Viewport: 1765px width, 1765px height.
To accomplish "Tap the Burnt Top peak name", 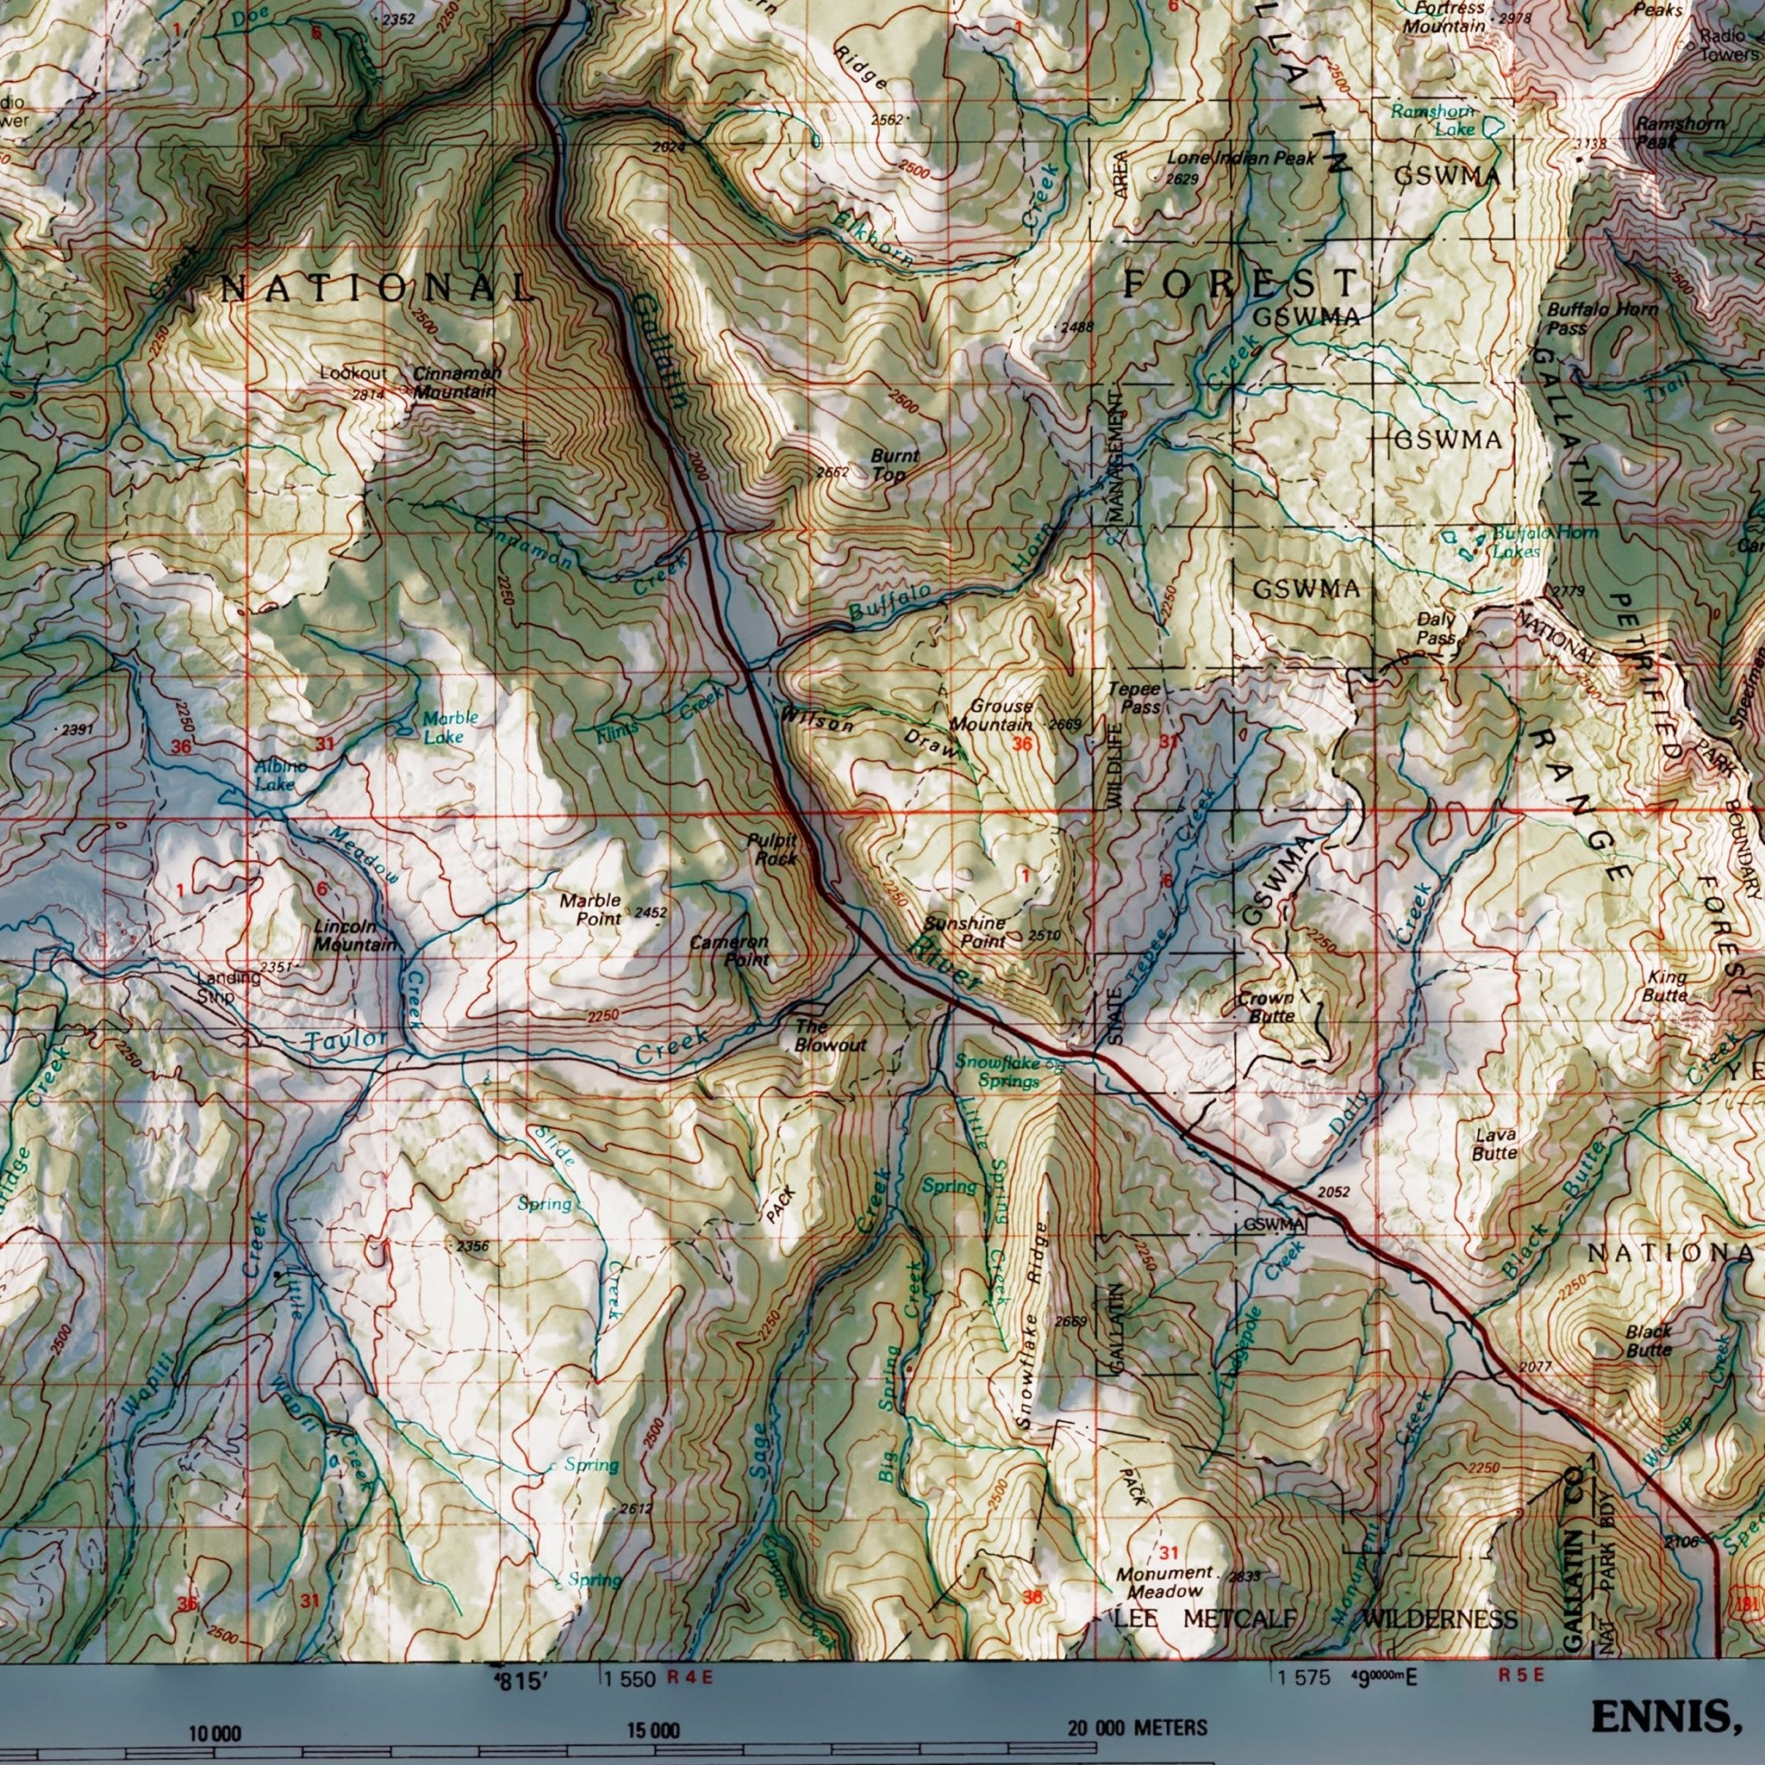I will pyautogui.click(x=894, y=465).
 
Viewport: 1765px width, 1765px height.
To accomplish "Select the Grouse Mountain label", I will pyautogui.click(x=990, y=715).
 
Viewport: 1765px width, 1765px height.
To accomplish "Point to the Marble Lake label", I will pyautogui.click(x=450, y=727).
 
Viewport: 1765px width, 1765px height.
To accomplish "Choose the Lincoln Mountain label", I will pyautogui.click(x=354, y=935).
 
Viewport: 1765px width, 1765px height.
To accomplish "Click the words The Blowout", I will pyautogui.click(x=828, y=1035).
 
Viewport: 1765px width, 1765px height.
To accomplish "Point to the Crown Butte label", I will pyautogui.click(x=1266, y=1007).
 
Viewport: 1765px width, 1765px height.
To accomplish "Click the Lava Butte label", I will pyautogui.click(x=1495, y=1144).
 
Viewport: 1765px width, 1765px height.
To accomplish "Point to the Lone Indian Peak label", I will pyautogui.click(x=1241, y=158).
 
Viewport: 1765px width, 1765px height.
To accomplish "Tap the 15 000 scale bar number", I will pyautogui.click(x=652, y=1679).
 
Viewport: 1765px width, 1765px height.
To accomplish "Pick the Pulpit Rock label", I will pyautogui.click(x=772, y=849).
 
